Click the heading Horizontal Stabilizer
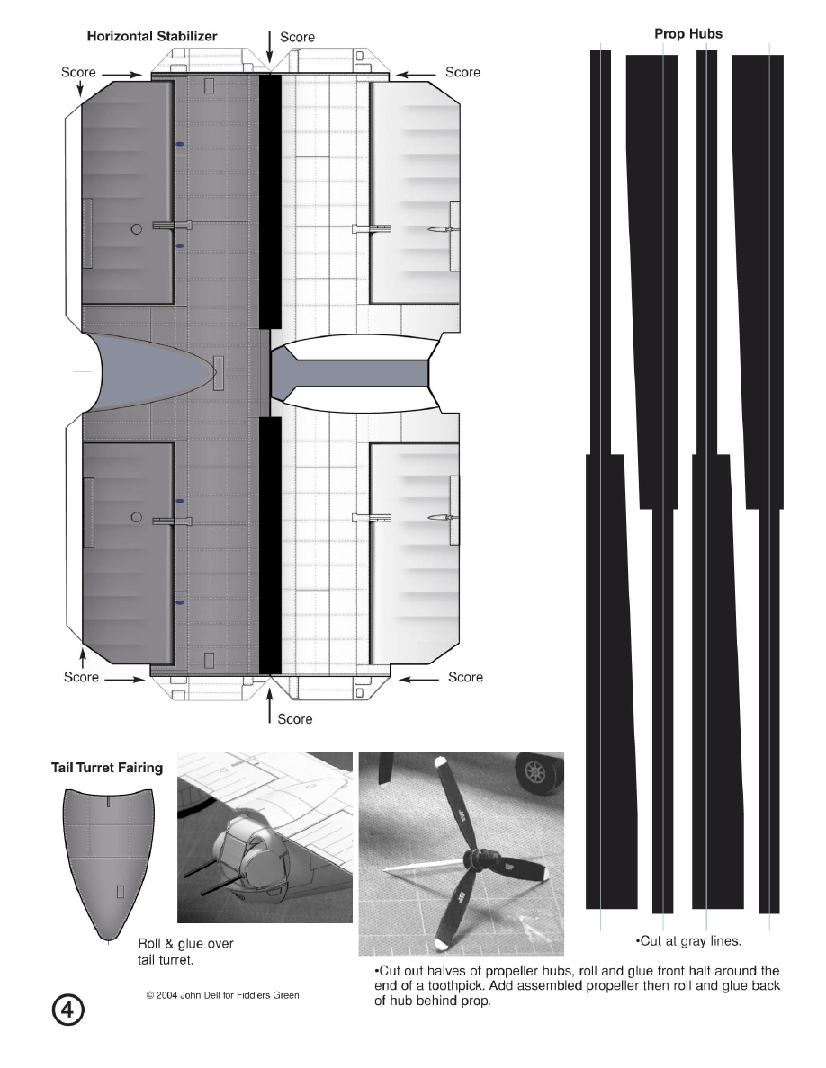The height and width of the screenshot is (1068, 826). pos(152,37)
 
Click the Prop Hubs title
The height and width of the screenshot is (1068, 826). pos(687,33)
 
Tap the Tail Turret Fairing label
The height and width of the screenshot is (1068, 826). pos(107,768)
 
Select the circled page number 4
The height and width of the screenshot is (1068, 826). pos(67,1010)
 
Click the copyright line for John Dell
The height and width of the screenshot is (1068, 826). pos(223,995)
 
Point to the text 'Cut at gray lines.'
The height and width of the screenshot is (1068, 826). pos(688,941)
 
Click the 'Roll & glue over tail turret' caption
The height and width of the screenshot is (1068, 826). pos(185,951)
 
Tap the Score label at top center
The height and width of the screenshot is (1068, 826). pos(297,38)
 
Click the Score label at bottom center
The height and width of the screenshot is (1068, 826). pos(294,719)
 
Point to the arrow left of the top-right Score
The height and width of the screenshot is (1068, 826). pos(416,75)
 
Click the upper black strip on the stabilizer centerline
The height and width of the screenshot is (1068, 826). pos(270,201)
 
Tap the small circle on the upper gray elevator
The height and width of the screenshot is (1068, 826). pos(136,229)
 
